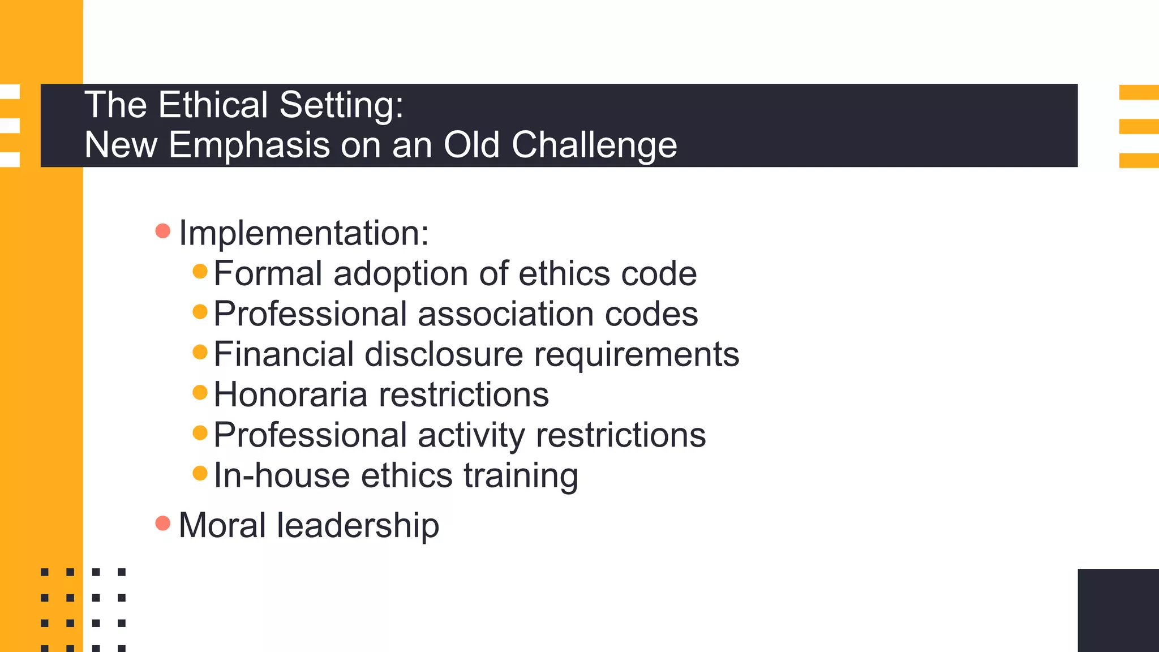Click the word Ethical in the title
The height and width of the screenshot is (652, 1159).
pos(213,105)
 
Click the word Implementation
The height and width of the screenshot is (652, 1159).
pos(303,233)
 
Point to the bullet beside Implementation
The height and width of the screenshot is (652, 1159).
pos(163,231)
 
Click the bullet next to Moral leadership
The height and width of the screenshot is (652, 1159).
pos(163,524)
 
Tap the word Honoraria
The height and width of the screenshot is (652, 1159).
pos(290,394)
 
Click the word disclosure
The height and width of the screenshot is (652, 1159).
pos(444,354)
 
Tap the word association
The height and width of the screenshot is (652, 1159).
pos(506,314)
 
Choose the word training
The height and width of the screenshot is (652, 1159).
pos(521,476)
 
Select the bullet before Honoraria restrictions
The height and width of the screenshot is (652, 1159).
pos(200,392)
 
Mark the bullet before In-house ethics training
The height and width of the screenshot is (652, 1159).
pos(200,473)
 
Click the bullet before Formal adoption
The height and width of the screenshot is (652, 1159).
pos(200,271)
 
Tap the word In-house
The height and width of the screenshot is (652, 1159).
pos(282,475)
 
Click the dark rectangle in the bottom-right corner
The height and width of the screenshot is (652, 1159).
pos(1118,610)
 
